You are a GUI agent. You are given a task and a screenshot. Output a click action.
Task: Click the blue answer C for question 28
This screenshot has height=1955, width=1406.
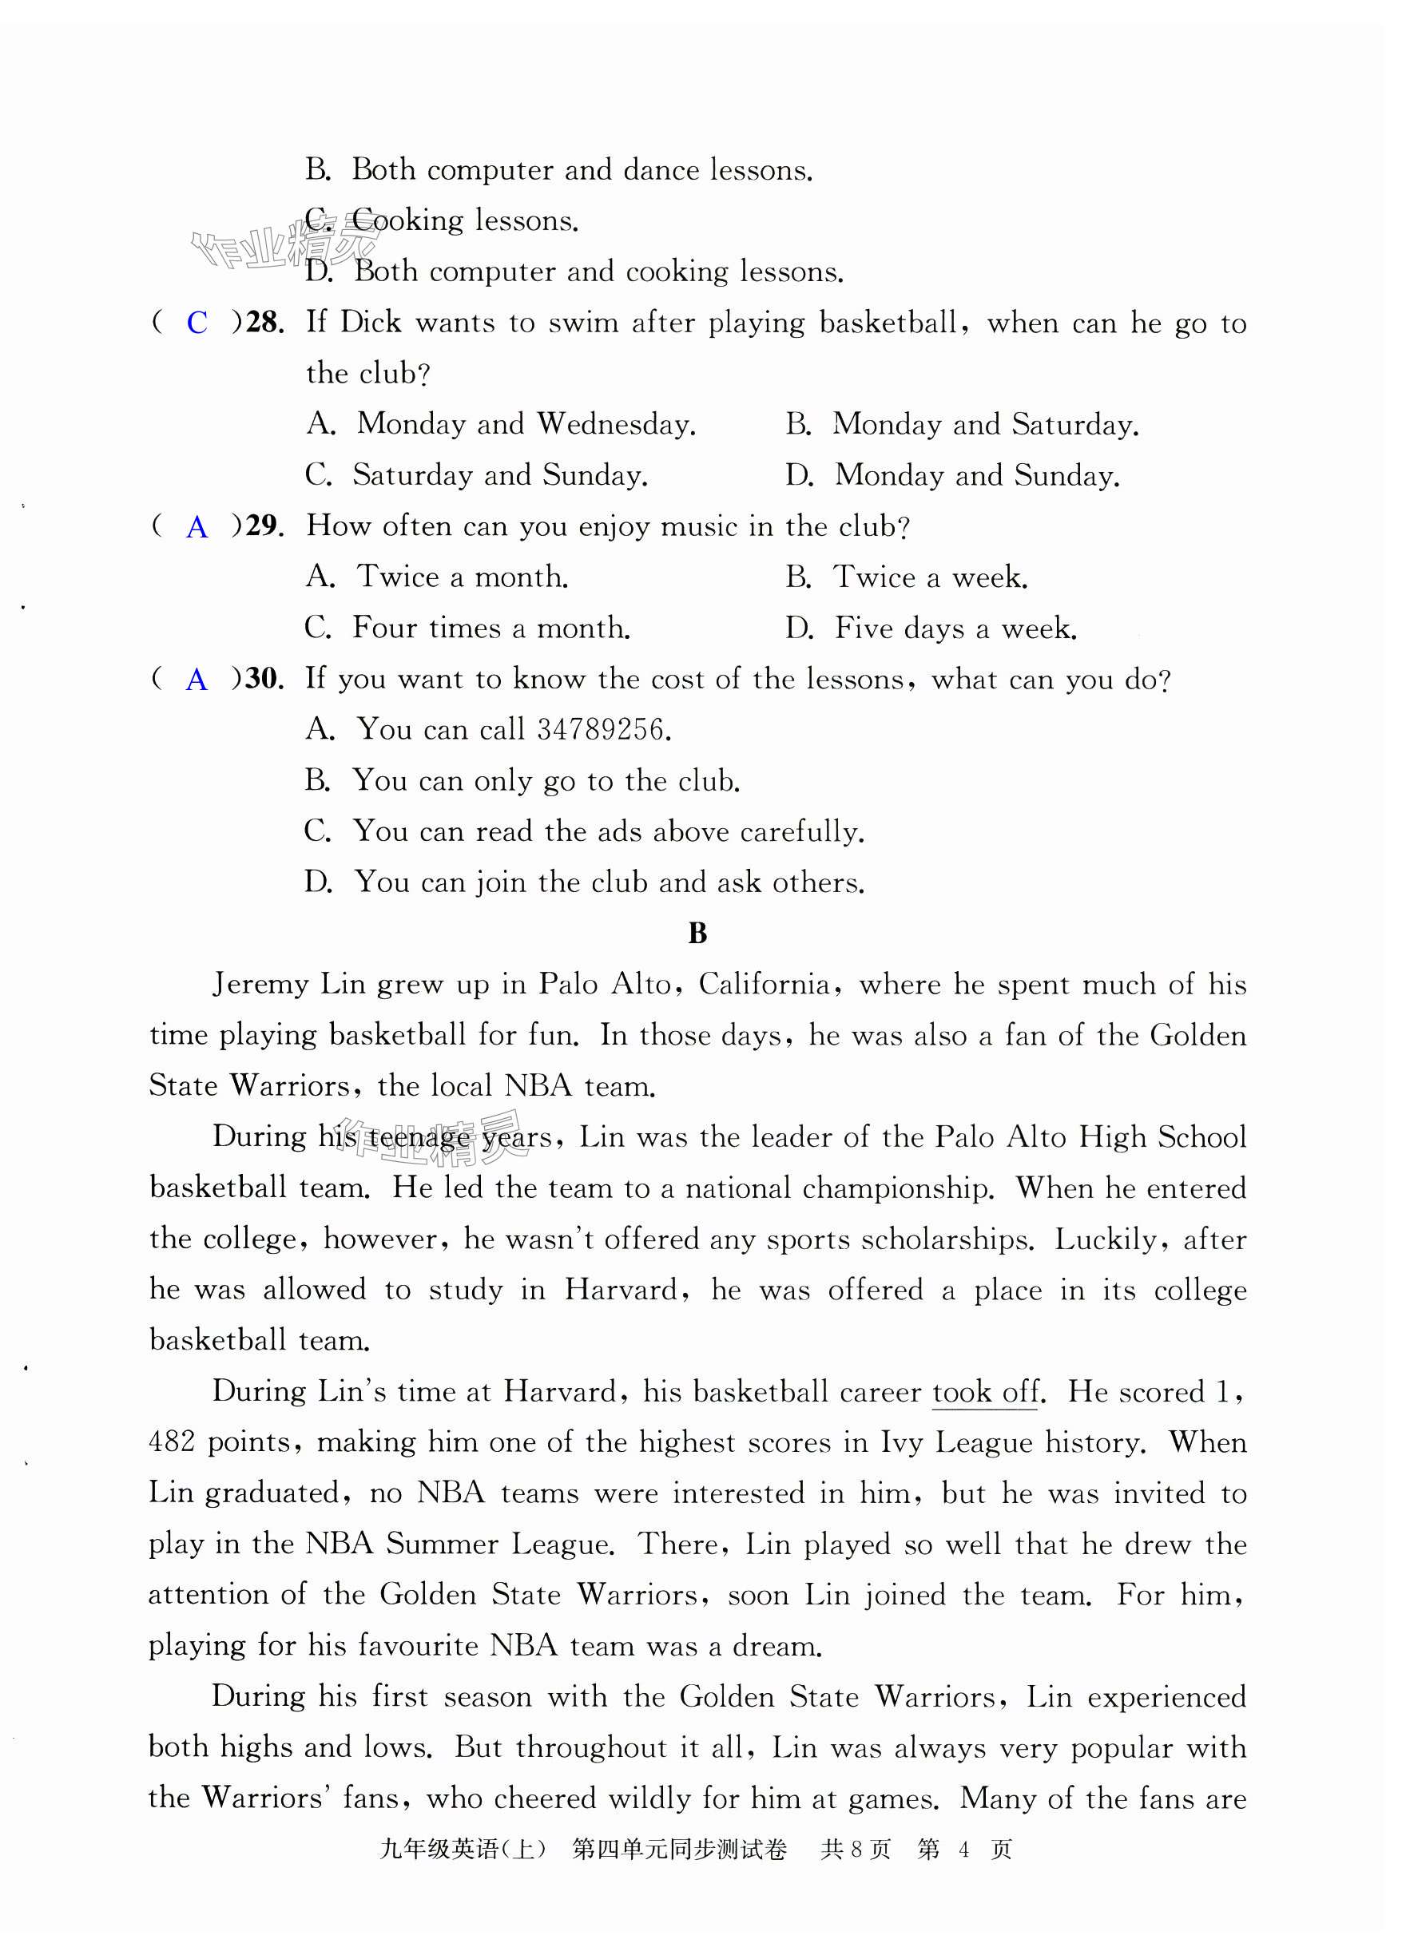click(x=197, y=323)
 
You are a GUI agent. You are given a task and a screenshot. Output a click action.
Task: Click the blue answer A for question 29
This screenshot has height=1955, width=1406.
click(x=197, y=526)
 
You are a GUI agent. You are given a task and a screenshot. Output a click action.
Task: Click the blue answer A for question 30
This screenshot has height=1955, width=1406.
click(x=197, y=680)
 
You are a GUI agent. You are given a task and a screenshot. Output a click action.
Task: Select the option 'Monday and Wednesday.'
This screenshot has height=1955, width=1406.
click(x=526, y=424)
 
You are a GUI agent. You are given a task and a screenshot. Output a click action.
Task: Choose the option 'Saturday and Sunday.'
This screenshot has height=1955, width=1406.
click(x=500, y=475)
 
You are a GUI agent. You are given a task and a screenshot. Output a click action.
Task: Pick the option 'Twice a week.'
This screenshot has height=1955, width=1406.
click(x=930, y=577)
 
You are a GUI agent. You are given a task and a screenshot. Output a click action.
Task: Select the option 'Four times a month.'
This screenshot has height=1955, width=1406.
click(x=491, y=628)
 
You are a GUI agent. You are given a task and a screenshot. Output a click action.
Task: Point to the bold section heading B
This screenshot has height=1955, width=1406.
click(x=698, y=933)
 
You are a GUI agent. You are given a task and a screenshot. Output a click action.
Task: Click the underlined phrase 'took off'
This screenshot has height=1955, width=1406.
click(x=985, y=1392)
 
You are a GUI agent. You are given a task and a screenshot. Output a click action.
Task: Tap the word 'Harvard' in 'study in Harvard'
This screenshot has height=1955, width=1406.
click(x=621, y=1291)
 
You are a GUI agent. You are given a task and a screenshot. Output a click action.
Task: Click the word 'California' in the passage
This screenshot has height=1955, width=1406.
click(x=765, y=985)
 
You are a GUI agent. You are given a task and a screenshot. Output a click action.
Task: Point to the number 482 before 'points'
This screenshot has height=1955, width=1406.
click(x=173, y=1443)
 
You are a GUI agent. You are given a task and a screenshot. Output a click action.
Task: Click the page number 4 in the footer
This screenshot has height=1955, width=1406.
click(x=963, y=1850)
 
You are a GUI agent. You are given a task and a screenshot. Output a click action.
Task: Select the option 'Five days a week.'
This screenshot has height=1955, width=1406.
click(x=955, y=628)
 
